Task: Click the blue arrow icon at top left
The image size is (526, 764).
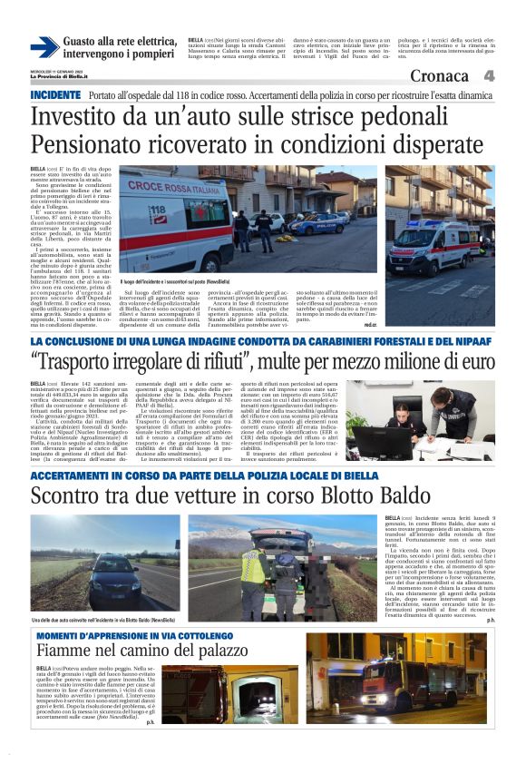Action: [x=43, y=48]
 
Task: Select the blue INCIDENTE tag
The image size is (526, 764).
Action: [x=56, y=95]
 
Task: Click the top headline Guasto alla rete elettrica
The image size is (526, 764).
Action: [x=120, y=42]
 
